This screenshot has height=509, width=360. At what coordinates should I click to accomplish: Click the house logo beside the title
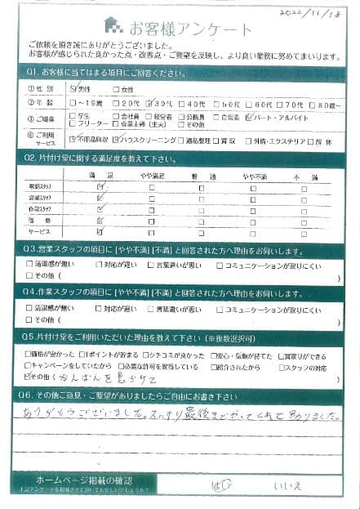pyautogui.click(x=111, y=24)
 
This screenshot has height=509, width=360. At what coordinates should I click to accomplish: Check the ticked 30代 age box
pyautogui.click(x=149, y=104)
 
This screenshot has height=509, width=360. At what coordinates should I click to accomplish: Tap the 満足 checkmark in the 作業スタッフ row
pyautogui.click(x=100, y=210)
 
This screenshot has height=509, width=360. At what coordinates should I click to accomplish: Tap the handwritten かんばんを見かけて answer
pyautogui.click(x=87, y=380)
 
